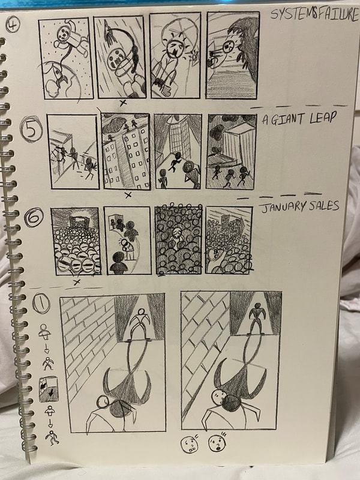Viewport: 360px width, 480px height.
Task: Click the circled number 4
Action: [x=13, y=24]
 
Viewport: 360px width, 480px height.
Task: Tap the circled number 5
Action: [x=31, y=129]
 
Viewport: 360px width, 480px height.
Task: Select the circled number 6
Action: [x=34, y=217]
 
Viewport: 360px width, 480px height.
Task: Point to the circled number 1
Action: [x=41, y=303]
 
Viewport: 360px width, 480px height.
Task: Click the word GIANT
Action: [x=288, y=119]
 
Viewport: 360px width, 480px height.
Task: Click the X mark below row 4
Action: [x=123, y=103]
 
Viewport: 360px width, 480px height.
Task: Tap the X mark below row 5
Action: [x=128, y=194]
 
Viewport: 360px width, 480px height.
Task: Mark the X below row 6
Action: [x=77, y=281]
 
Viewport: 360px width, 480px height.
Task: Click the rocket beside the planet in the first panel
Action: [x=58, y=76]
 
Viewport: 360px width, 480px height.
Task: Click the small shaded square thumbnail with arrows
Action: [x=49, y=389]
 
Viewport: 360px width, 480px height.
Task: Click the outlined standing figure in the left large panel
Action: [x=140, y=324]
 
